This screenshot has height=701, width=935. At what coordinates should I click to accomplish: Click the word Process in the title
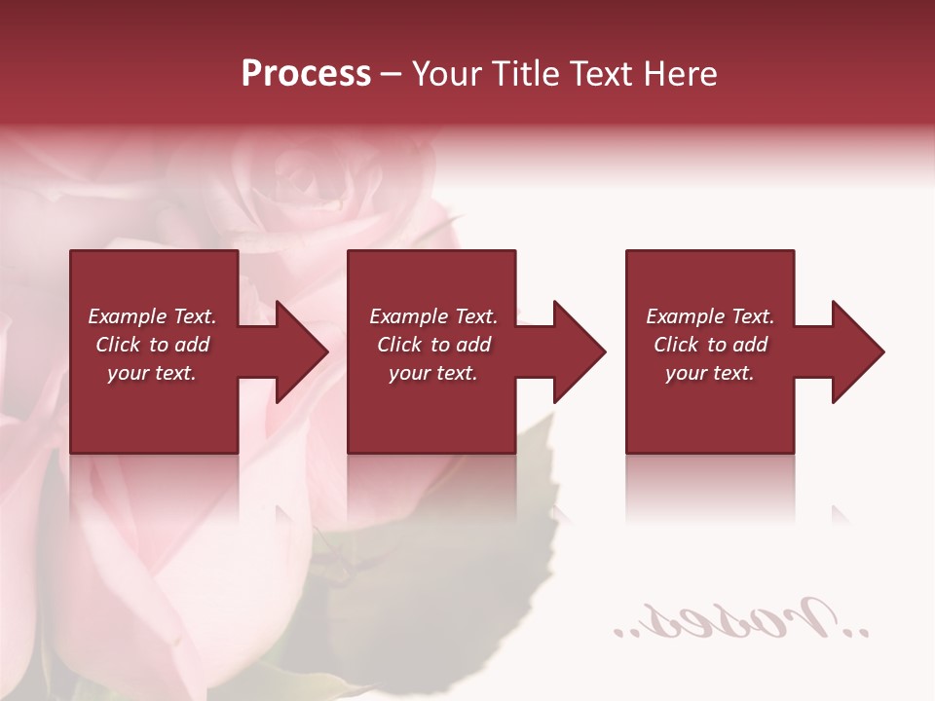click(x=306, y=74)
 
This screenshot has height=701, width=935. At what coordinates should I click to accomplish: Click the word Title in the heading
click(x=525, y=74)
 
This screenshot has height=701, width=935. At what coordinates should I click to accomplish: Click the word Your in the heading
click(x=447, y=74)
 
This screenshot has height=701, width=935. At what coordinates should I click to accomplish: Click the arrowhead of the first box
click(x=298, y=351)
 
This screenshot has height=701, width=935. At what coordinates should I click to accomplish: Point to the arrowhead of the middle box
click(x=576, y=351)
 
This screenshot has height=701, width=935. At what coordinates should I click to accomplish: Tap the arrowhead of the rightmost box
click(x=854, y=351)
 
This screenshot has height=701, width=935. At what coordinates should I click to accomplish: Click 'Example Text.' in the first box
click(x=152, y=316)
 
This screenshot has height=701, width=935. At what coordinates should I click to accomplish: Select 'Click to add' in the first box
click(x=152, y=345)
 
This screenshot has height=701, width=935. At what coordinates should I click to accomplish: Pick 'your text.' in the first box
click(x=152, y=373)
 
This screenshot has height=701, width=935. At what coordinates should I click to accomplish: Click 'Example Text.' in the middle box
click(x=433, y=316)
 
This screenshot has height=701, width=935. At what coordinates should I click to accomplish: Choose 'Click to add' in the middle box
click(x=433, y=345)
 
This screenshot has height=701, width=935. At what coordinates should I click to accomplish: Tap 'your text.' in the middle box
click(x=433, y=373)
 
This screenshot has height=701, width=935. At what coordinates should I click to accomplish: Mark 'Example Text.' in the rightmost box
click(x=710, y=316)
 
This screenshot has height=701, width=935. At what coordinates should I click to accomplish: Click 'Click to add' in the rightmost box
click(x=710, y=345)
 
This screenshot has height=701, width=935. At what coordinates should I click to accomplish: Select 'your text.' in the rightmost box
click(x=710, y=373)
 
